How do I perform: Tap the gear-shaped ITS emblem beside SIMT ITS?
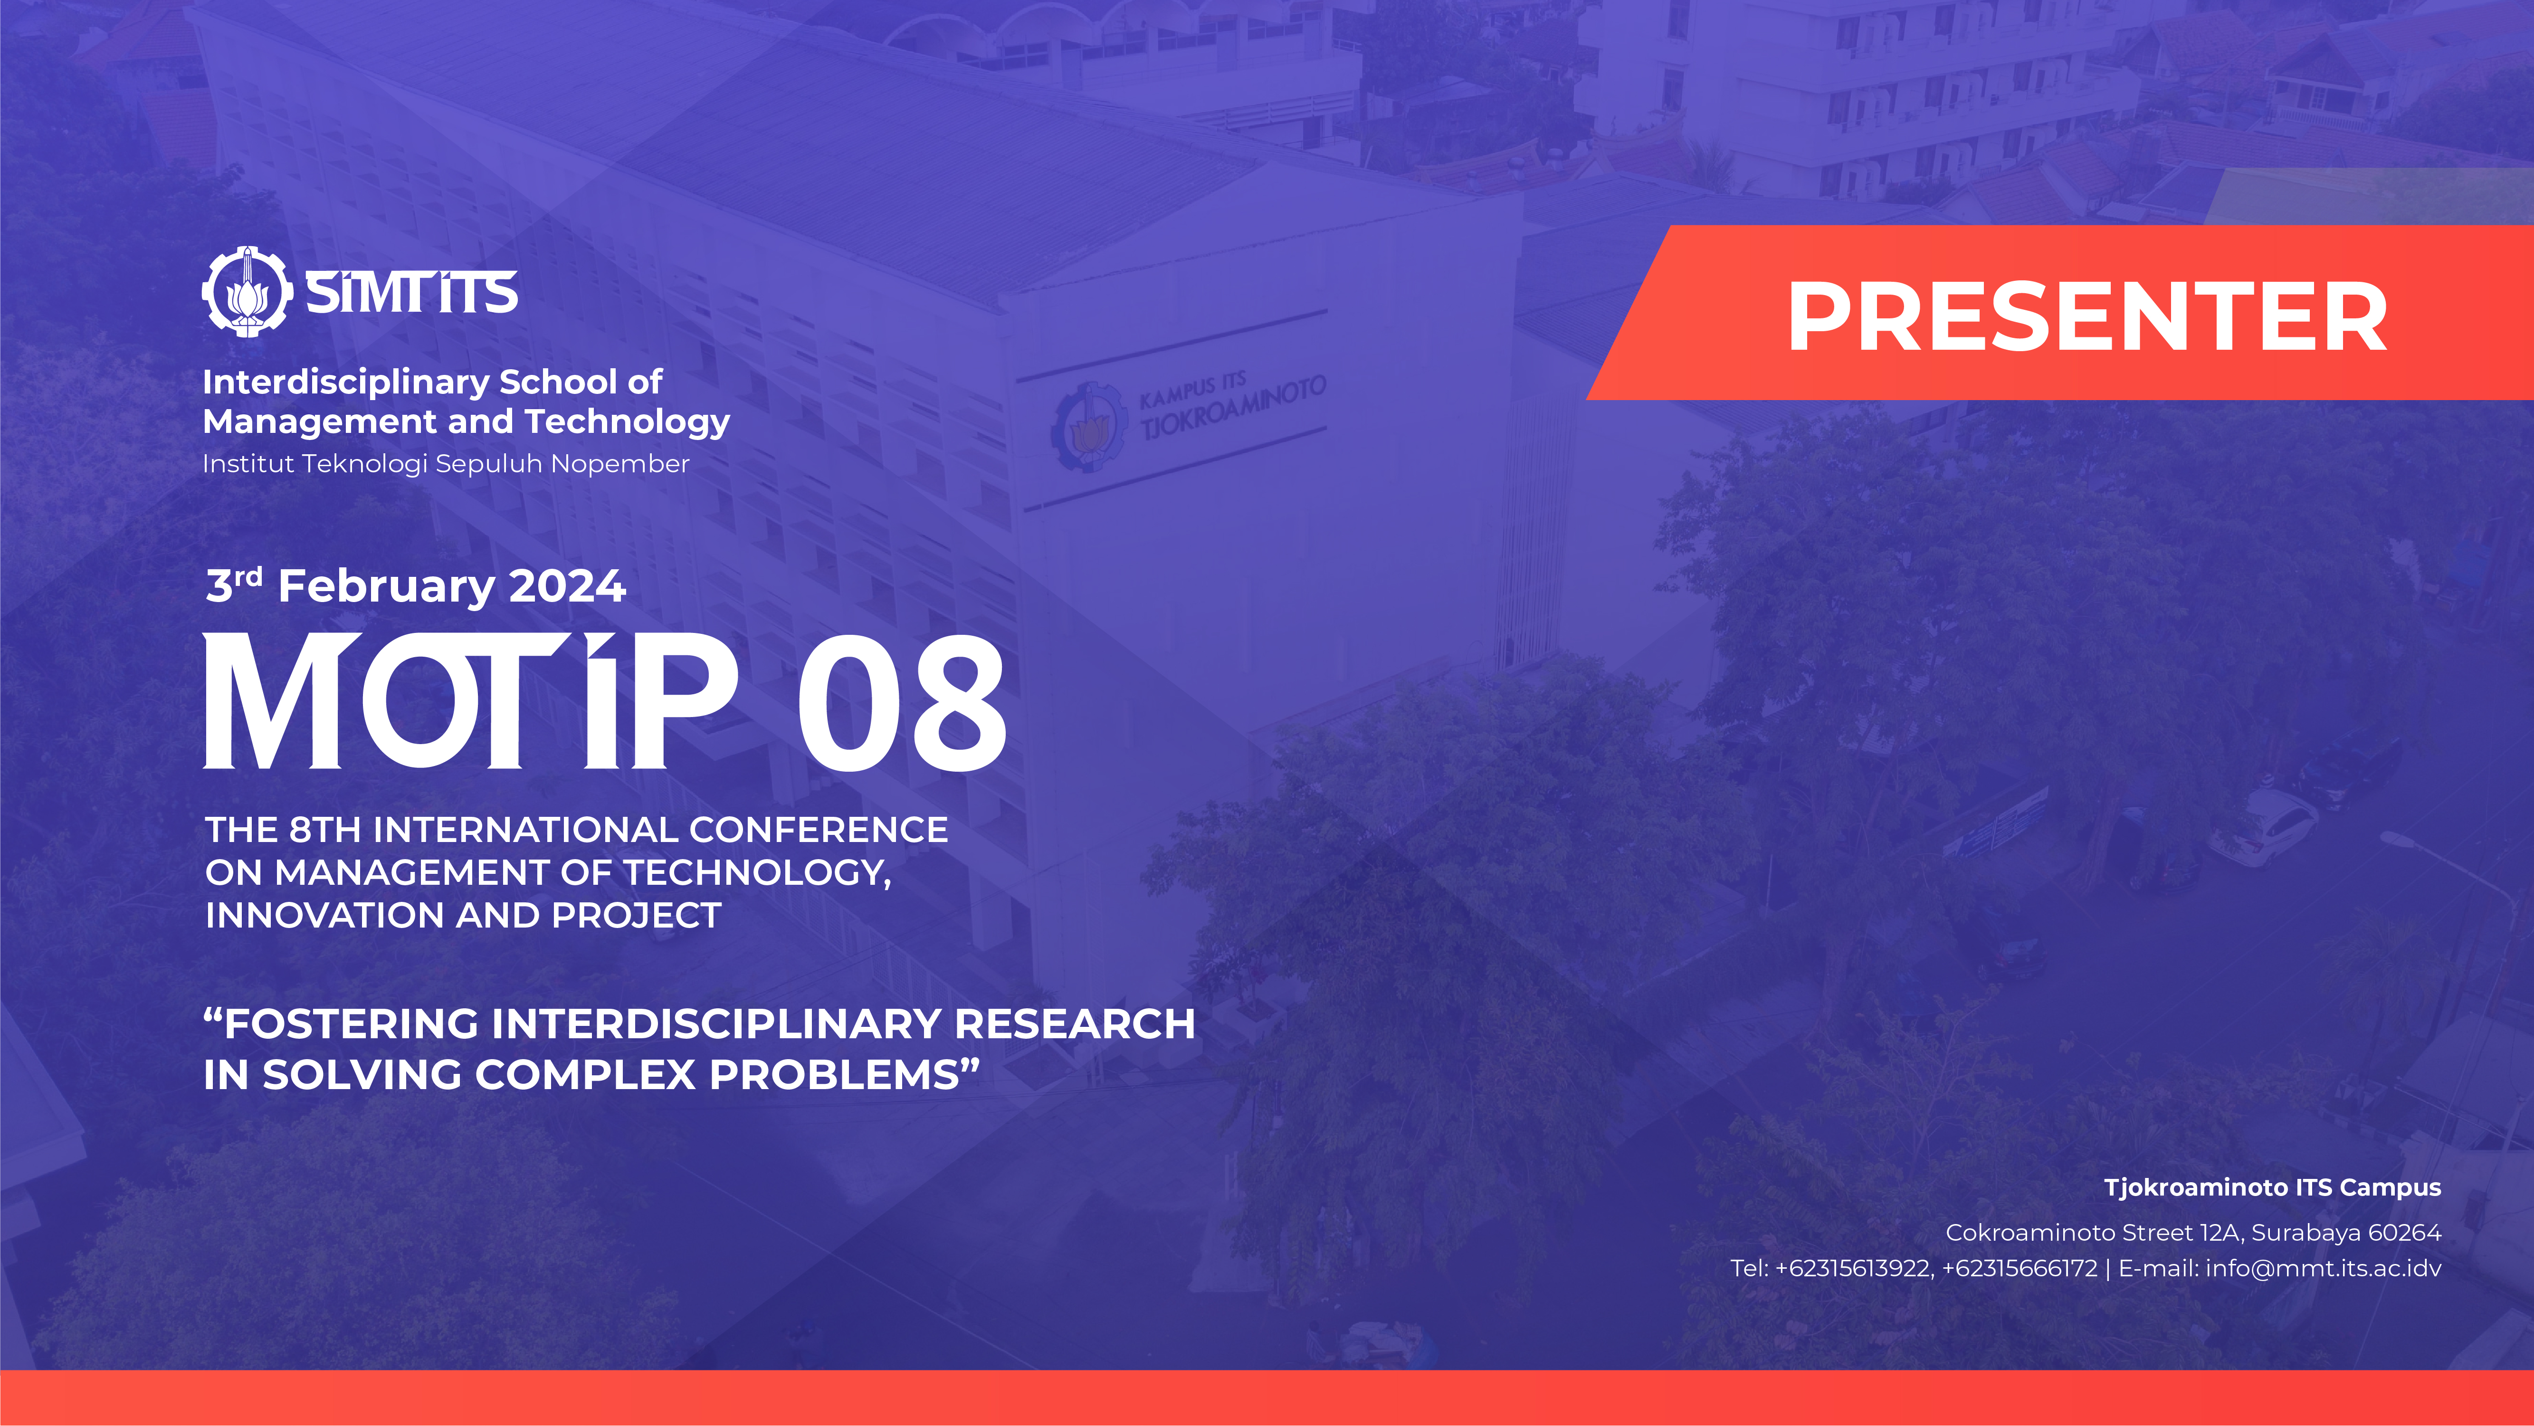(x=247, y=292)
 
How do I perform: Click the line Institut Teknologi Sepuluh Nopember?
(x=446, y=463)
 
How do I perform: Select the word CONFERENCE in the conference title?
(x=819, y=830)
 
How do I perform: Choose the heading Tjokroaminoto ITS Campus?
(x=2272, y=1188)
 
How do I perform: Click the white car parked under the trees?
(x=2260, y=830)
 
